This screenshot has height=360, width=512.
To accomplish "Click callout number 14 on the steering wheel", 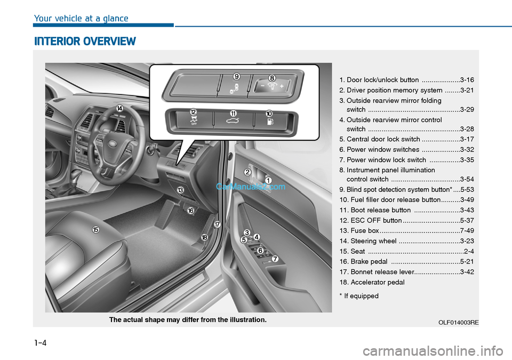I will [x=119, y=108].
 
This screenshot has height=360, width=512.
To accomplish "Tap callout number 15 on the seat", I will [x=95, y=229].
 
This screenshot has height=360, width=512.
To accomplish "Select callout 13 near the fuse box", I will [x=180, y=190].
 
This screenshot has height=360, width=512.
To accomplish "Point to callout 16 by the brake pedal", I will [x=190, y=211].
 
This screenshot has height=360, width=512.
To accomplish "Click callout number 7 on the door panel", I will [x=275, y=259].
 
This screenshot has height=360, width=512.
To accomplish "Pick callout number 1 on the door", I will [x=268, y=180].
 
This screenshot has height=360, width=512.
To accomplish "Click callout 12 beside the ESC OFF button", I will [x=194, y=111].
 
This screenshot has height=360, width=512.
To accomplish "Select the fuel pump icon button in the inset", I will [x=271, y=123].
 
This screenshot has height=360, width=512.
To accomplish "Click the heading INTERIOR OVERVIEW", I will [x=85, y=41].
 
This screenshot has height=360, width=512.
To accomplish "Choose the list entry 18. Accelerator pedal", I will [x=372, y=282].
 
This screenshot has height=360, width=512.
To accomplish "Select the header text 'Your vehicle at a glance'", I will [x=81, y=19].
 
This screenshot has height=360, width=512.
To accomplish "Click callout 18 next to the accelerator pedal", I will [x=204, y=237].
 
